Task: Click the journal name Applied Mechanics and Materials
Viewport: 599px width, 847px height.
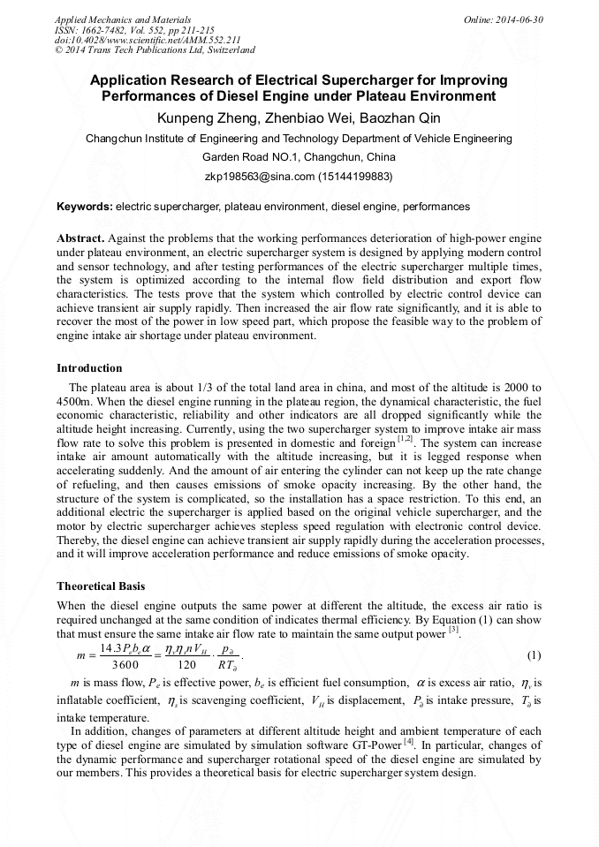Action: (x=122, y=19)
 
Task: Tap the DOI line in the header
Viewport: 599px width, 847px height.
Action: (x=148, y=41)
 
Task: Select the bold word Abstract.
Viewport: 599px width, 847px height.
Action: (x=80, y=239)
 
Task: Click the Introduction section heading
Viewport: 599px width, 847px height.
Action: (x=89, y=367)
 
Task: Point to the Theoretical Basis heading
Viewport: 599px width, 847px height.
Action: (x=101, y=586)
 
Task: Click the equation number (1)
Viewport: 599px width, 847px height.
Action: (x=534, y=654)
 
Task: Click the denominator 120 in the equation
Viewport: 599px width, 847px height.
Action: (x=186, y=665)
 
